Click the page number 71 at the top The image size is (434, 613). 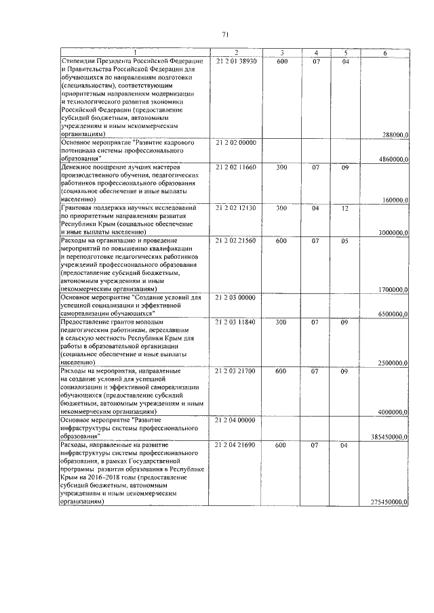coord(224,35)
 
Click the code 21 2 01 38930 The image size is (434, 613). coord(236,62)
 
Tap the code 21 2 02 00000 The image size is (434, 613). coord(236,144)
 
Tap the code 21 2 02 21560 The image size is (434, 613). coord(236,241)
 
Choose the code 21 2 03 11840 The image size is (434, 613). coord(236,322)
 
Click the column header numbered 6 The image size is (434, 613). coord(384,53)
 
